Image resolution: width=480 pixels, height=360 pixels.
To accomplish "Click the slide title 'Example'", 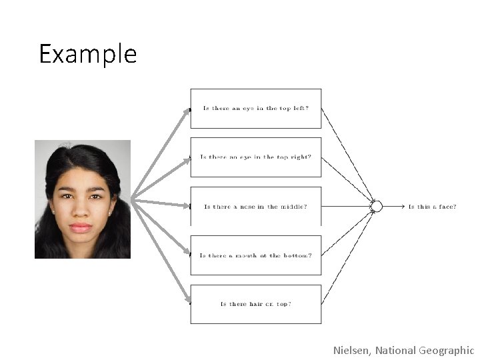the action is pyautogui.click(x=87, y=54).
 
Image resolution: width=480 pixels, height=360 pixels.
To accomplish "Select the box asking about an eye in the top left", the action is pyautogui.click(x=255, y=108).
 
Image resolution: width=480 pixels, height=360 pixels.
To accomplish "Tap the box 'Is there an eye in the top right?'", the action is pyautogui.click(x=255, y=157).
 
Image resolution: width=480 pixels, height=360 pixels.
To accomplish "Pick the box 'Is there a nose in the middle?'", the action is pyautogui.click(x=255, y=207).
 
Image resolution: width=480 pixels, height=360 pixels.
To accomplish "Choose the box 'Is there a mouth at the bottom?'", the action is pyautogui.click(x=255, y=255).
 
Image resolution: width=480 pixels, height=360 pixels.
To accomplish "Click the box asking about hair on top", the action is pyautogui.click(x=255, y=304).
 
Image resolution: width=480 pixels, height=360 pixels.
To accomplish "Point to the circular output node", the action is pyautogui.click(x=377, y=207).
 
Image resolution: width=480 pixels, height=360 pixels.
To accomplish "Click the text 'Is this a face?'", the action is pyautogui.click(x=432, y=207).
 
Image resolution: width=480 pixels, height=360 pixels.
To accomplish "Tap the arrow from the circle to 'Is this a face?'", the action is pyautogui.click(x=393, y=207).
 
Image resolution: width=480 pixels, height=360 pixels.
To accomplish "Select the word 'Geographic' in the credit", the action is pyautogui.click(x=446, y=351).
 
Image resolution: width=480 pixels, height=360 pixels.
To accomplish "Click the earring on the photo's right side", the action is pyautogui.click(x=109, y=213).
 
